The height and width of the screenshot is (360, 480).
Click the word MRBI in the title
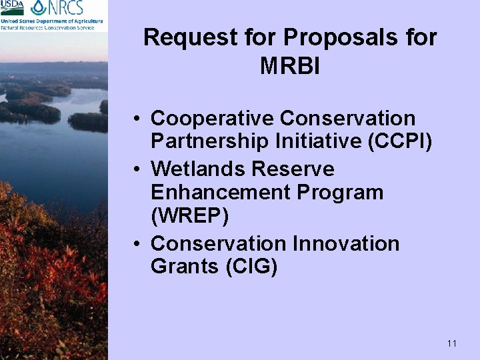tap(290, 66)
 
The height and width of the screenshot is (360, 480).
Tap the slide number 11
tap(452, 343)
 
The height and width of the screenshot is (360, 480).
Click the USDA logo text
tap(12, 8)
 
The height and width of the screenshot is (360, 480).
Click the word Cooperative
tap(212, 119)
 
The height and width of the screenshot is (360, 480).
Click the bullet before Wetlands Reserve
tap(135, 170)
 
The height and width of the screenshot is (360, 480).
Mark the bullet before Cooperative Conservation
tap(135, 119)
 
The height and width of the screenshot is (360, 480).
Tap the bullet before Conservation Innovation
tap(135, 244)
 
